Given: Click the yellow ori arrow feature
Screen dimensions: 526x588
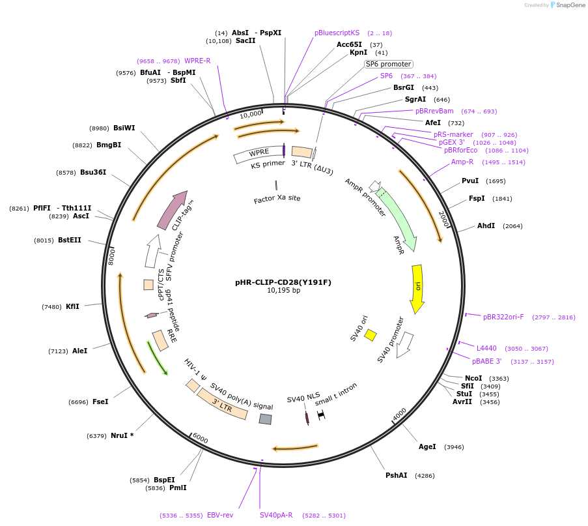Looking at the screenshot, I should tap(417, 287).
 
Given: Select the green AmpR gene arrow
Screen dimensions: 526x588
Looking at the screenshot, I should tap(399, 222).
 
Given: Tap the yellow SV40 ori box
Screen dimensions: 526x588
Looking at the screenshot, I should tap(370, 335).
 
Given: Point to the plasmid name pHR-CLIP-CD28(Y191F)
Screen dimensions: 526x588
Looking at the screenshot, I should tap(283, 282).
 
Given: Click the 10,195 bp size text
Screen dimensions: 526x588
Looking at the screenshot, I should tap(283, 291).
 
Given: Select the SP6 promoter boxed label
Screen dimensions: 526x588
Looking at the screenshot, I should tap(388, 64).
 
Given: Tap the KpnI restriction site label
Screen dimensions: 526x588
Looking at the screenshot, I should tap(359, 53).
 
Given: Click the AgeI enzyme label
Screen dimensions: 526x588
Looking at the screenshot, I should tap(427, 446).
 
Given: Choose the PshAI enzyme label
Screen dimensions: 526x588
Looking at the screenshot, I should tap(396, 475).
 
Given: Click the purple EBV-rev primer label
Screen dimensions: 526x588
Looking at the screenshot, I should tap(220, 515).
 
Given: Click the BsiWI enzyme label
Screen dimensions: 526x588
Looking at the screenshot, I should tap(124, 128).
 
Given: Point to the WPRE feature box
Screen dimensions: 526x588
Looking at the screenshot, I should tap(258, 154).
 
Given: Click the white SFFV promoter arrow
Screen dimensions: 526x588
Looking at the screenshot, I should tap(154, 250).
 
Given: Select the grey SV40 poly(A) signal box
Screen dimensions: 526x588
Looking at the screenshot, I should tap(265, 419).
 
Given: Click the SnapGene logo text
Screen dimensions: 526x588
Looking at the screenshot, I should tap(571, 5).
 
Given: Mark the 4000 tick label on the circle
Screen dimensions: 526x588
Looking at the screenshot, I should tap(399, 415).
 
